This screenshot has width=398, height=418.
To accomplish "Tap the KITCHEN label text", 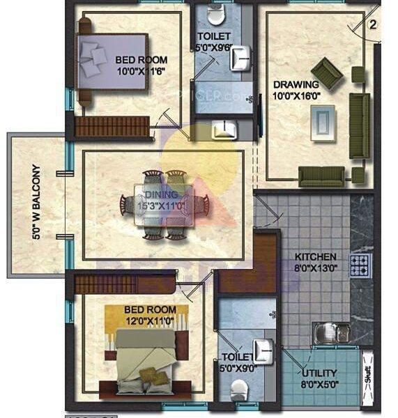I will pyautogui.click(x=315, y=256).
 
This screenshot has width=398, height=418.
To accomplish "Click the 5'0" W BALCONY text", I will pyautogui.click(x=36, y=202).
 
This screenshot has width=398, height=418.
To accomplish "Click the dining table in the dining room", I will pyautogui.click(x=165, y=204).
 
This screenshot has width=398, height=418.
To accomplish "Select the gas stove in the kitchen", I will pyautogui.click(x=360, y=265).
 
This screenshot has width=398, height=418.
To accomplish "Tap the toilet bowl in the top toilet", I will pyautogui.click(x=215, y=15).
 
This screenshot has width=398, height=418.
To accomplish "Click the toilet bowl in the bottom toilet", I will pyautogui.click(x=239, y=392).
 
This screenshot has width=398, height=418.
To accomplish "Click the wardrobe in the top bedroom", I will pyautogui.click(x=112, y=126).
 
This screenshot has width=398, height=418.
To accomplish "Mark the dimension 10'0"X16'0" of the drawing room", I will pyautogui.click(x=296, y=96).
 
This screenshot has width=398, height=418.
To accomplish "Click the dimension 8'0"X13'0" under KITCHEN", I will pyautogui.click(x=315, y=268).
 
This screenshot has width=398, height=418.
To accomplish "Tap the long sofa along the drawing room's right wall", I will pyautogui.click(x=359, y=125).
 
